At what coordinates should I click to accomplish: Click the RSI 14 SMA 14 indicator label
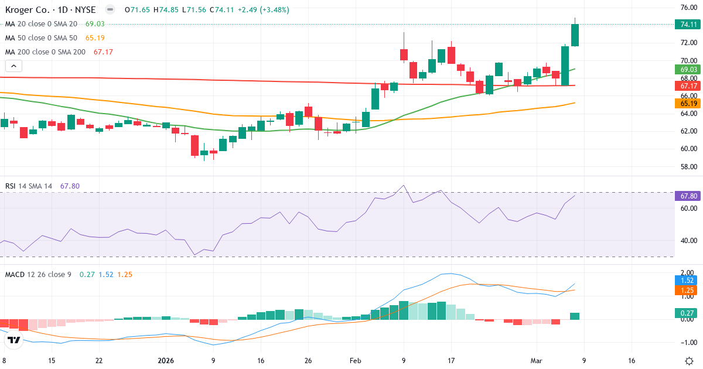click(28, 186)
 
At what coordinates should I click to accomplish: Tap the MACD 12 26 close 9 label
click(39, 274)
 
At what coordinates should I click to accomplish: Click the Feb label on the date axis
click(356, 361)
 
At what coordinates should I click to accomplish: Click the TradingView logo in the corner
click(14, 340)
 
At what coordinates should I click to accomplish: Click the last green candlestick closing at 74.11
click(575, 35)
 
